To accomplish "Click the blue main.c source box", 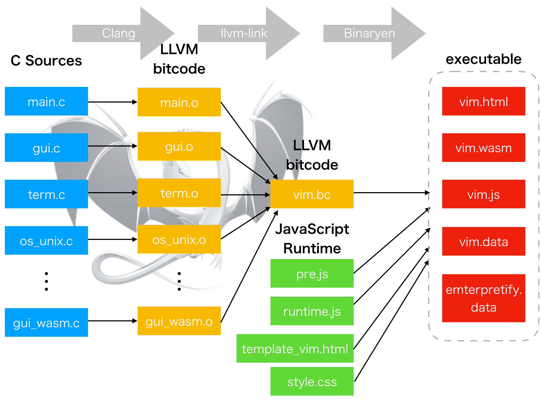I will tap(46, 101).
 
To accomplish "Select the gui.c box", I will tap(46, 148).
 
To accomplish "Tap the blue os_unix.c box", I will tap(46, 240).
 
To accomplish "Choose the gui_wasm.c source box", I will tap(46, 322).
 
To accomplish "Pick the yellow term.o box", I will tap(179, 193).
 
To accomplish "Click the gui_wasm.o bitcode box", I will tap(179, 321).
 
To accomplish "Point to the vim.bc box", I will tap(312, 194).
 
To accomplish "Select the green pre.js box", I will tap(312, 274).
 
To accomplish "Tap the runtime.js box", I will tap(312, 311).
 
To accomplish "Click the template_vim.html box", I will tap(295, 349).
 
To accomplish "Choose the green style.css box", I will tap(312, 382).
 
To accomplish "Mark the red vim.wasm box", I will tap(483, 148).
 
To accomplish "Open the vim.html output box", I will tap(483, 101).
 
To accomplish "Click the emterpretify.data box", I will tap(483, 298).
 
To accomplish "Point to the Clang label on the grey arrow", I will tap(119, 33).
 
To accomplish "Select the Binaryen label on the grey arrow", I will tap(369, 33).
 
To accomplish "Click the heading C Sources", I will tap(46, 60).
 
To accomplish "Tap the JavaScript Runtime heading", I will tap(312, 239).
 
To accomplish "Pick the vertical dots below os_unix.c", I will tap(46, 281).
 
